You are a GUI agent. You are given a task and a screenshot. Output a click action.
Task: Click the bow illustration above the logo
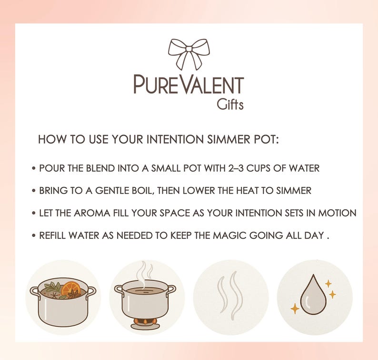(189, 54)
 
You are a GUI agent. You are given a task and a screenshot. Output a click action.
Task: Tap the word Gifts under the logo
(230, 104)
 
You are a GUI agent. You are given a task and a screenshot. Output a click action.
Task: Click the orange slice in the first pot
(71, 288)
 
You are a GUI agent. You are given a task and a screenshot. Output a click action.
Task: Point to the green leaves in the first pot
(53, 287)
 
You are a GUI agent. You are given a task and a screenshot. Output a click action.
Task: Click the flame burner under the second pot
(145, 323)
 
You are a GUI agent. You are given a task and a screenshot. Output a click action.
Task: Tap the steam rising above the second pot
(145, 273)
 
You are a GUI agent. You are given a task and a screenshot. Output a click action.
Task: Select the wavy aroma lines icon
(230, 295)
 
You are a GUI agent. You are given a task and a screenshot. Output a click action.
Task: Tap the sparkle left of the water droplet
(295, 309)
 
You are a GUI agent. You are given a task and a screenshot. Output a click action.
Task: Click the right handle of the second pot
(171, 289)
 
